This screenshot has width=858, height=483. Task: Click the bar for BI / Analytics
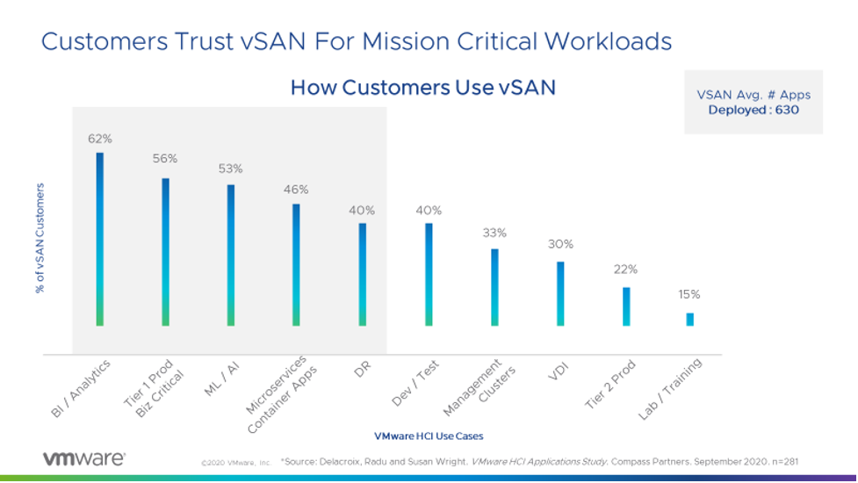click(x=99, y=239)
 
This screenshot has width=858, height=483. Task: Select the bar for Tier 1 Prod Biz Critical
click(x=165, y=252)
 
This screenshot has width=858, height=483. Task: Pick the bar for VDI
click(x=560, y=293)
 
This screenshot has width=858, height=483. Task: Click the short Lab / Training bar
click(x=689, y=320)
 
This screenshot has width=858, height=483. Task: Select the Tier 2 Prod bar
click(x=626, y=306)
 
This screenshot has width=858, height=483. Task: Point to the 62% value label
click(x=99, y=138)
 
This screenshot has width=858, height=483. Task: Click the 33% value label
click(x=494, y=234)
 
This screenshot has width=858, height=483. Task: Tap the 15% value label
click(x=689, y=294)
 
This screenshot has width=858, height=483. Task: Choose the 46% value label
click(x=296, y=189)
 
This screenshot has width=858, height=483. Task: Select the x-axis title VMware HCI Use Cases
click(x=429, y=436)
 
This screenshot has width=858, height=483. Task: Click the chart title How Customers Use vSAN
click(x=422, y=88)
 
